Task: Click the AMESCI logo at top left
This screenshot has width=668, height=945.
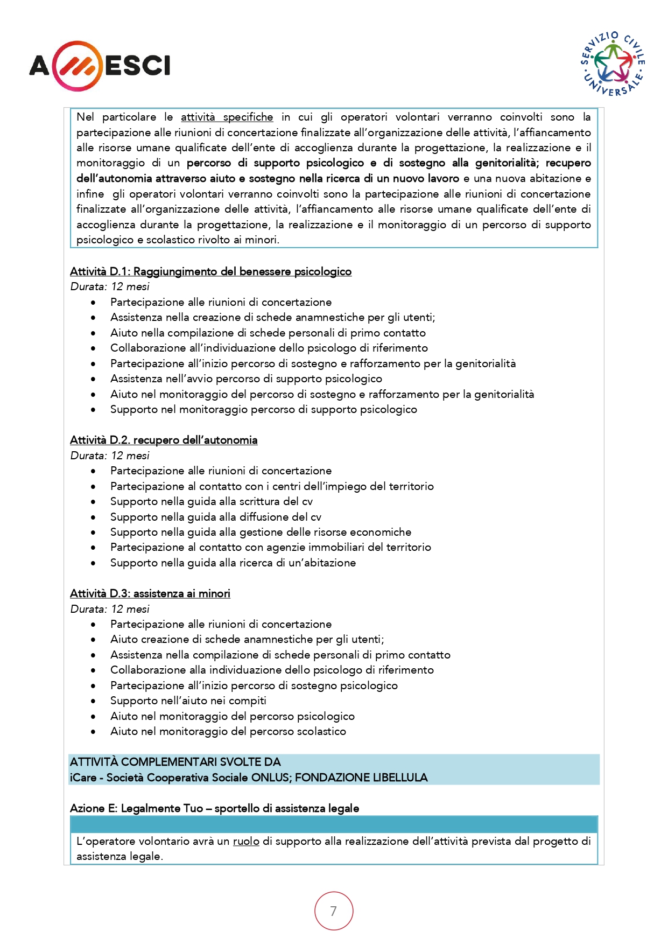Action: point(100,66)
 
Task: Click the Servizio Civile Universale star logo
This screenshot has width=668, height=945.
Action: point(613,64)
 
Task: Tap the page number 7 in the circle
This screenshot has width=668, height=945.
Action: point(334,911)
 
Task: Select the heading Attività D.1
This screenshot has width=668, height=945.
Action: point(210,271)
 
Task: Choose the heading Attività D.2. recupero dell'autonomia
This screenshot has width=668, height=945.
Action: point(164,440)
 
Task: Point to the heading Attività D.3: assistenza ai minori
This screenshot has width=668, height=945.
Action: point(150,593)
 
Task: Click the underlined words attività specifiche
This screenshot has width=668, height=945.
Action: point(227,117)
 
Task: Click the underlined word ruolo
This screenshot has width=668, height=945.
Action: point(246,841)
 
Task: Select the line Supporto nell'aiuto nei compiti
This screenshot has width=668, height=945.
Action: point(188,701)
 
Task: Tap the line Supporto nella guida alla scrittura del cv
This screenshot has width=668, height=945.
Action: point(212,501)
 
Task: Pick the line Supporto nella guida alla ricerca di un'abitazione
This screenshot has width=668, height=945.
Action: point(233,563)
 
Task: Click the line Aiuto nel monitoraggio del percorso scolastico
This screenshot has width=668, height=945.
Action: point(228,731)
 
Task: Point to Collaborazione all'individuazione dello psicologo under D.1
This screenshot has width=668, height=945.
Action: point(269,348)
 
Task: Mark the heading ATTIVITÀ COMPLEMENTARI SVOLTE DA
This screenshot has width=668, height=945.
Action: point(175,762)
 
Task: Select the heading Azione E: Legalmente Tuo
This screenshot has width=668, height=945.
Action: point(214,808)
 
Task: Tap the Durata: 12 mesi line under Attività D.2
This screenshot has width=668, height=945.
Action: point(110,456)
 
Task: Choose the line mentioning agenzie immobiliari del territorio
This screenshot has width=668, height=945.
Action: point(271,547)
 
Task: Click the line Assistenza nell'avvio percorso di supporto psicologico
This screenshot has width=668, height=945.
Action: point(246,379)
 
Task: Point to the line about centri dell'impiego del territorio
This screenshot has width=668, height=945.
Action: point(272,486)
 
